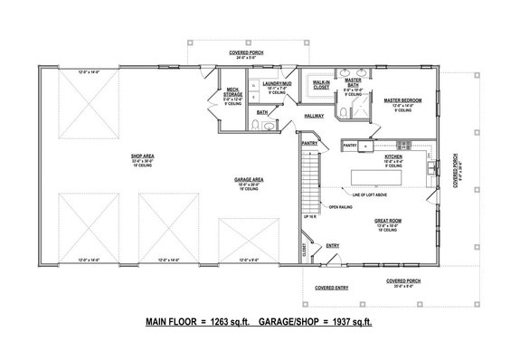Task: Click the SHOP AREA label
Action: tap(139, 155)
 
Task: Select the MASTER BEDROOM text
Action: tap(399, 100)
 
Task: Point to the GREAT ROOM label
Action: tap(390, 219)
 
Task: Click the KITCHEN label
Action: tap(394, 156)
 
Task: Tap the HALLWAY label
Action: tap(314, 116)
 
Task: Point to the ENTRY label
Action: tap(333, 245)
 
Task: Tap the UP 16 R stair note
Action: tap(309, 218)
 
